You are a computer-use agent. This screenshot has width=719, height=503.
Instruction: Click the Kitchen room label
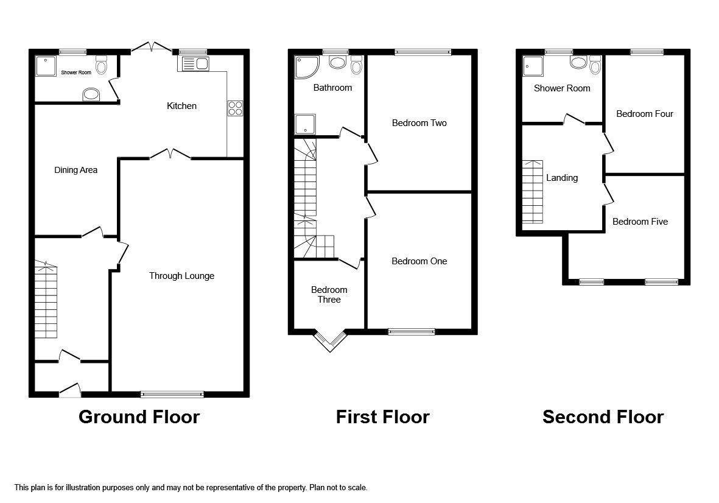pyautogui.click(x=181, y=106)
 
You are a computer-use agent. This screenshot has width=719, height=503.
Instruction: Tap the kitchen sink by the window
pyautogui.click(x=194, y=63)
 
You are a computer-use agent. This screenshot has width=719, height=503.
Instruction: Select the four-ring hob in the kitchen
pyautogui.click(x=235, y=108)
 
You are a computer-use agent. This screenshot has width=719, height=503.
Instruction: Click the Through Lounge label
pyautogui.click(x=181, y=276)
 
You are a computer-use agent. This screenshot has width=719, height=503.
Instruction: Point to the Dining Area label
pyautogui.click(x=75, y=170)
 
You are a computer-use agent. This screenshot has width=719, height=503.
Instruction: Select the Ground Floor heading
pyautogui.click(x=139, y=417)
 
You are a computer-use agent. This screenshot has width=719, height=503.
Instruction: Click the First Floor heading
pyautogui.click(x=382, y=417)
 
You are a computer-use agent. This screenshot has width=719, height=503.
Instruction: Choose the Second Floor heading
pyautogui.click(x=603, y=417)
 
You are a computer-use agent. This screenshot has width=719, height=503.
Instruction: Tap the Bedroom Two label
pyautogui.click(x=419, y=123)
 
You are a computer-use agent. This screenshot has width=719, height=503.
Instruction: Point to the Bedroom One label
pyautogui.click(x=419, y=261)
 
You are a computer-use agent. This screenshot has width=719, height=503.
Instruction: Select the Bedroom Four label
pyautogui.click(x=644, y=114)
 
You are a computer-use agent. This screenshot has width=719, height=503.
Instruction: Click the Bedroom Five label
pyautogui.click(x=640, y=222)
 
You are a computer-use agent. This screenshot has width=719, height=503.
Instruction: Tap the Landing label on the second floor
pyautogui.click(x=561, y=178)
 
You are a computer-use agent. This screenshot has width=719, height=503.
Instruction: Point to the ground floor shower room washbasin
pyautogui.click(x=91, y=95)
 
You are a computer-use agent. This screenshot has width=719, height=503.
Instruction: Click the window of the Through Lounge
pyautogui.click(x=172, y=394)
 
